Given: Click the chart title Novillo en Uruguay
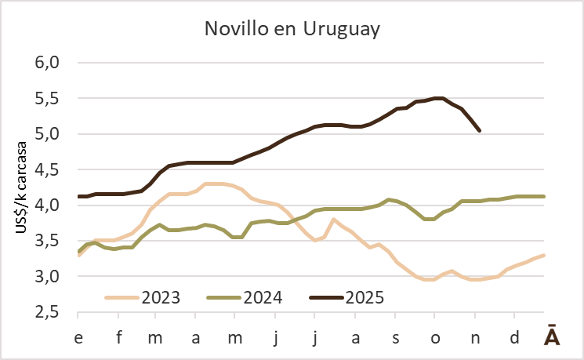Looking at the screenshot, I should [292, 29].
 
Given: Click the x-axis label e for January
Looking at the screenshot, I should [78, 337].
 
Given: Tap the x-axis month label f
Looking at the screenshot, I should [119, 337].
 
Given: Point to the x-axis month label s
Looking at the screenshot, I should [395, 337].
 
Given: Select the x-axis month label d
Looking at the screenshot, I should [513, 337].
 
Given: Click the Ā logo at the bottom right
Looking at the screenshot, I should [553, 336].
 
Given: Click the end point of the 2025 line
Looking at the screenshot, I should [480, 130].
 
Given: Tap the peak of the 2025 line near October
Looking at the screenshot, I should [439, 98].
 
